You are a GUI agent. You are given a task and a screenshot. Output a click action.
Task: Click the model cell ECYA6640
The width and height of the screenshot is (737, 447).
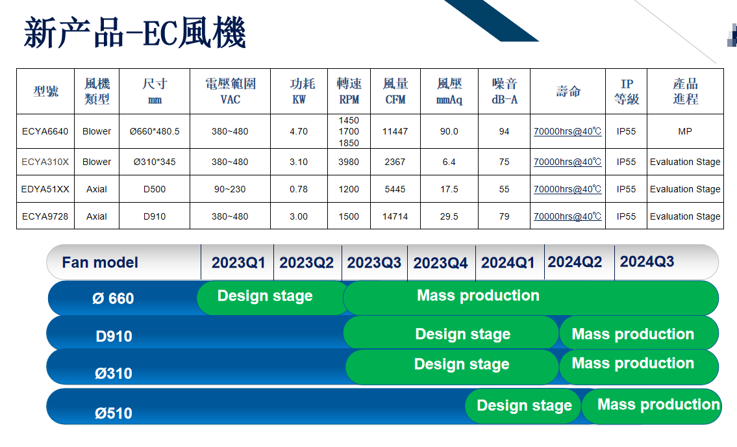[x=45, y=131]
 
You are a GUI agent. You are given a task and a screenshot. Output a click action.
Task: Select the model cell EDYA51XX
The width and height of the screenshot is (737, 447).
[x=45, y=189]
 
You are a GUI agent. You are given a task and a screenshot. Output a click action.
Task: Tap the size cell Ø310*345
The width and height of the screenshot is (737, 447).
[x=155, y=162]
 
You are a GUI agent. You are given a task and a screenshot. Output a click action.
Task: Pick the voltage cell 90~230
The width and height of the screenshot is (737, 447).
[x=230, y=189]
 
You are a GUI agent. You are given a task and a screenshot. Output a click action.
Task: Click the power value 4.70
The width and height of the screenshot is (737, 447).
[x=299, y=131]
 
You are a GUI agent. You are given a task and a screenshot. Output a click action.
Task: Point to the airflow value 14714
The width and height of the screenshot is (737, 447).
[x=395, y=216]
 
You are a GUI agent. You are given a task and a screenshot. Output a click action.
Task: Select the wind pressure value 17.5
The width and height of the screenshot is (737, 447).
[x=449, y=189]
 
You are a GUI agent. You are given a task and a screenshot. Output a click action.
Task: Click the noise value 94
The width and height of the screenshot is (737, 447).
[x=504, y=131]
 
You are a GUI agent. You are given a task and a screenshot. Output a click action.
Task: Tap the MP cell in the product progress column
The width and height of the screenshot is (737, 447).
[x=685, y=131]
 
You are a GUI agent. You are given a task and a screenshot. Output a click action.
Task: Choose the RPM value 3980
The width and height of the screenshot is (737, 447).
[x=349, y=162]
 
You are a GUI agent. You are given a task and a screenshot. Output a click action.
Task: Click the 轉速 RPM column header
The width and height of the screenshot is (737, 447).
[x=349, y=91]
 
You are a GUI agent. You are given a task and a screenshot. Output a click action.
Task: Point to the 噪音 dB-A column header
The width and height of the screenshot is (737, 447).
[x=505, y=91]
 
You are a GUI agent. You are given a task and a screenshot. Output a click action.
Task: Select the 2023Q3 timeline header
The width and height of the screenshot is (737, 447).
[x=374, y=262]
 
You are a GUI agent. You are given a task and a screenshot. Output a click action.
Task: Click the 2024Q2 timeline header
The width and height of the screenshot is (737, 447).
[x=575, y=262]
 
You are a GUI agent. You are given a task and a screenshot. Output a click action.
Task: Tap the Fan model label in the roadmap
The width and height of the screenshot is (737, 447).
[x=100, y=262]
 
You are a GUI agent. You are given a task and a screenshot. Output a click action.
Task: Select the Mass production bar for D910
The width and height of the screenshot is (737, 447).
[x=639, y=333]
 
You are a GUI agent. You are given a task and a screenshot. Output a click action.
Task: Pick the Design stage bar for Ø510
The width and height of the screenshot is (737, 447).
[x=523, y=405]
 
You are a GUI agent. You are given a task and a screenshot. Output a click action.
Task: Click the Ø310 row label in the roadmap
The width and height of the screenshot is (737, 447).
[x=113, y=373]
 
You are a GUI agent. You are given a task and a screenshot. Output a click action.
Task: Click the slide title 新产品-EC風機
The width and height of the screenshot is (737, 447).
[x=135, y=32]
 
